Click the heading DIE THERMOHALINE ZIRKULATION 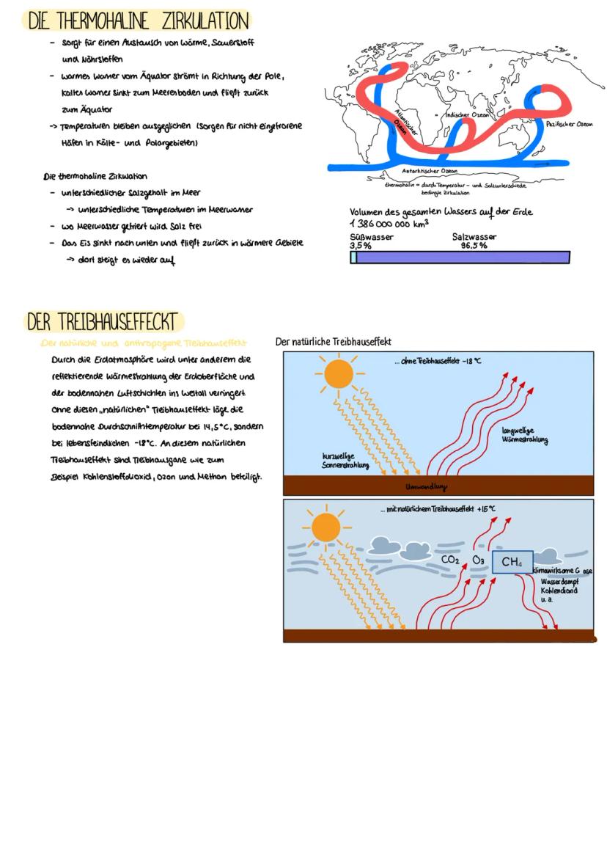point(137,20)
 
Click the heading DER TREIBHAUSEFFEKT point(102,322)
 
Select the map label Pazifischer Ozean point(570,125)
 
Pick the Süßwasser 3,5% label point(371,241)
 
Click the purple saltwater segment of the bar point(463,257)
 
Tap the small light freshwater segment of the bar point(353,257)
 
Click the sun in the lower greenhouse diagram point(326,526)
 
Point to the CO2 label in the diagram point(450,560)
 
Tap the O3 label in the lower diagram point(478,560)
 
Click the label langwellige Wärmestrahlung point(525,436)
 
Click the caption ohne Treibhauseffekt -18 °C point(437,361)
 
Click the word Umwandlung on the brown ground point(426,486)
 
